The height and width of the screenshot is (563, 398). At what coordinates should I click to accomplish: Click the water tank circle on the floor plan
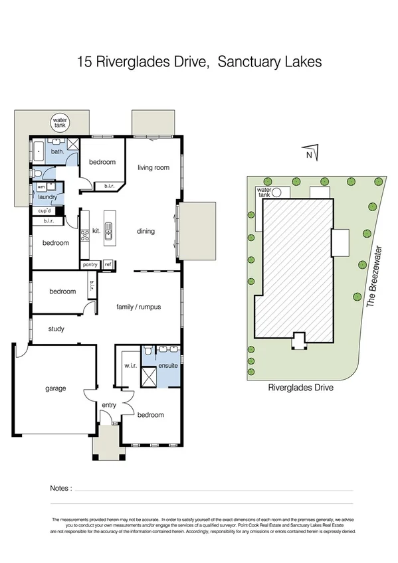click(x=60, y=123)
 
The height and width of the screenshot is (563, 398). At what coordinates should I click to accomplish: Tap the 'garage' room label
click(x=56, y=388)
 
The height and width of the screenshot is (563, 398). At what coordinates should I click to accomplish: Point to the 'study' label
click(x=56, y=328)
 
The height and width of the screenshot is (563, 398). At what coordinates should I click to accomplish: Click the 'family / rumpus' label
click(x=139, y=307)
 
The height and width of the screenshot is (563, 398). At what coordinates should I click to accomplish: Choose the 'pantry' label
click(x=90, y=264)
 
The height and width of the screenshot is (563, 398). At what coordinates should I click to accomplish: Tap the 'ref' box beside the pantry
click(x=108, y=264)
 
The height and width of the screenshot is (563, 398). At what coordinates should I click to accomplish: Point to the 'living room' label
click(x=154, y=168)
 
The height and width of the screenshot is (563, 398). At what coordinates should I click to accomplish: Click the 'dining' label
click(x=146, y=231)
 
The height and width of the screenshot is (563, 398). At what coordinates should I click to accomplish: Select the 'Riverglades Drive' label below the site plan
click(x=300, y=388)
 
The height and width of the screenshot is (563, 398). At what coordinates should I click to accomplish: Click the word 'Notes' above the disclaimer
click(x=61, y=489)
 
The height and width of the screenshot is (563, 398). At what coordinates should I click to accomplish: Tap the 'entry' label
click(x=108, y=404)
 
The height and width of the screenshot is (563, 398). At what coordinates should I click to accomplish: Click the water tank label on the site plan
click(x=264, y=192)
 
